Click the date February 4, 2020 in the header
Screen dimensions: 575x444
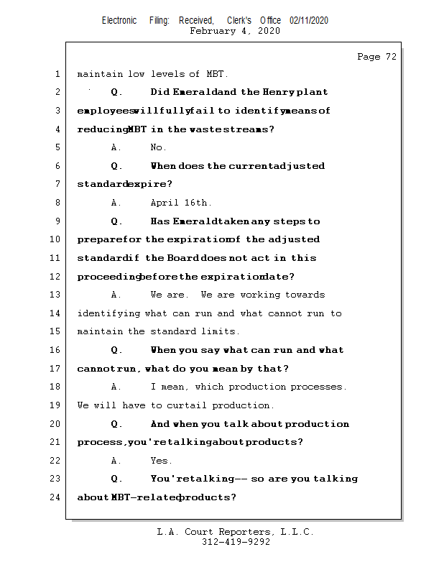click(235, 31)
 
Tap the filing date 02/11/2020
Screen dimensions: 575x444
click(309, 20)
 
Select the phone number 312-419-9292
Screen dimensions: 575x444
click(236, 543)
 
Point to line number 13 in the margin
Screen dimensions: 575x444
click(56, 295)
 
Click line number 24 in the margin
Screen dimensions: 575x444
click(56, 497)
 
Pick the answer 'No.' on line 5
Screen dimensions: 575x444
click(158, 147)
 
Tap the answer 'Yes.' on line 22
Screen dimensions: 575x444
click(161, 461)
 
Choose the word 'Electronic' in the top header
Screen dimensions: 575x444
click(119, 20)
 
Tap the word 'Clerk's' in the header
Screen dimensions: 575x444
click(240, 20)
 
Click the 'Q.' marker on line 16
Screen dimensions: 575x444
click(117, 350)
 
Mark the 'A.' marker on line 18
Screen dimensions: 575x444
click(116, 387)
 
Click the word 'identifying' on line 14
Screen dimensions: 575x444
click(108, 313)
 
